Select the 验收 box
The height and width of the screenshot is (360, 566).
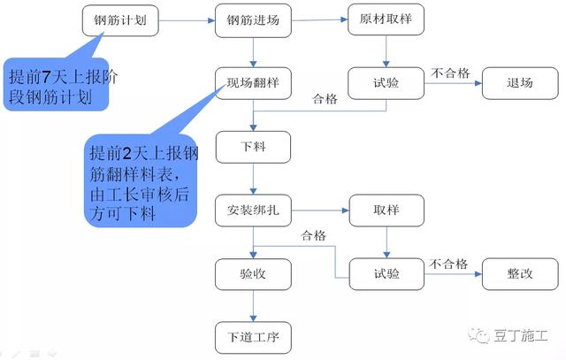[252, 274]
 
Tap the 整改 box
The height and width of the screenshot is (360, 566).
[519, 274]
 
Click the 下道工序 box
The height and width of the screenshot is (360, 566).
[252, 337]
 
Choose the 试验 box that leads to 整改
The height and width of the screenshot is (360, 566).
[386, 274]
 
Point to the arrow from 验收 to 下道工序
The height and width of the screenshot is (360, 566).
[253, 306]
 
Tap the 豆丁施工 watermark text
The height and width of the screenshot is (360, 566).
[523, 337]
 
